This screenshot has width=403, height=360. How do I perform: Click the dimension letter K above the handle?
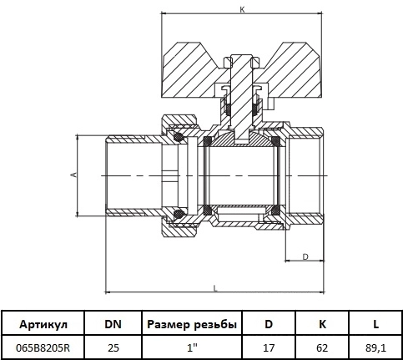click(x=242, y=10)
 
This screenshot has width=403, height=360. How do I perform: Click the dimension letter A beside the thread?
click(x=73, y=175)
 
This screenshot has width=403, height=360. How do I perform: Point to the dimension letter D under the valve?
click(x=305, y=256)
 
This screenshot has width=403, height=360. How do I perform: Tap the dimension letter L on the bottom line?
click(x=215, y=288)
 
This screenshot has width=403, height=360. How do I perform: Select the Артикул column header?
click(x=43, y=324)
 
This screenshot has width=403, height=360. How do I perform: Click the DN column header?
click(x=113, y=324)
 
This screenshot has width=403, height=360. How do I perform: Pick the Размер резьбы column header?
click(x=192, y=324)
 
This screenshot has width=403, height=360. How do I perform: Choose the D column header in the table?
click(x=269, y=324)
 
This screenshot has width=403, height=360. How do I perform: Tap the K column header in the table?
click(x=322, y=324)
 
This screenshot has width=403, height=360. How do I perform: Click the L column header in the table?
click(x=375, y=324)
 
